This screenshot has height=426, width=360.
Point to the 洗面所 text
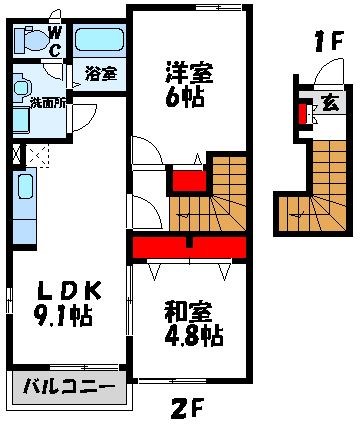pyautogui.click(x=46, y=101)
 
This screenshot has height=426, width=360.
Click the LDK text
pyautogui.click(x=69, y=292)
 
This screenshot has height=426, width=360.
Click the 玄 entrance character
pyautogui.click(x=329, y=101)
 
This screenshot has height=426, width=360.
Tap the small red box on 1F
pyautogui.click(x=302, y=113)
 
